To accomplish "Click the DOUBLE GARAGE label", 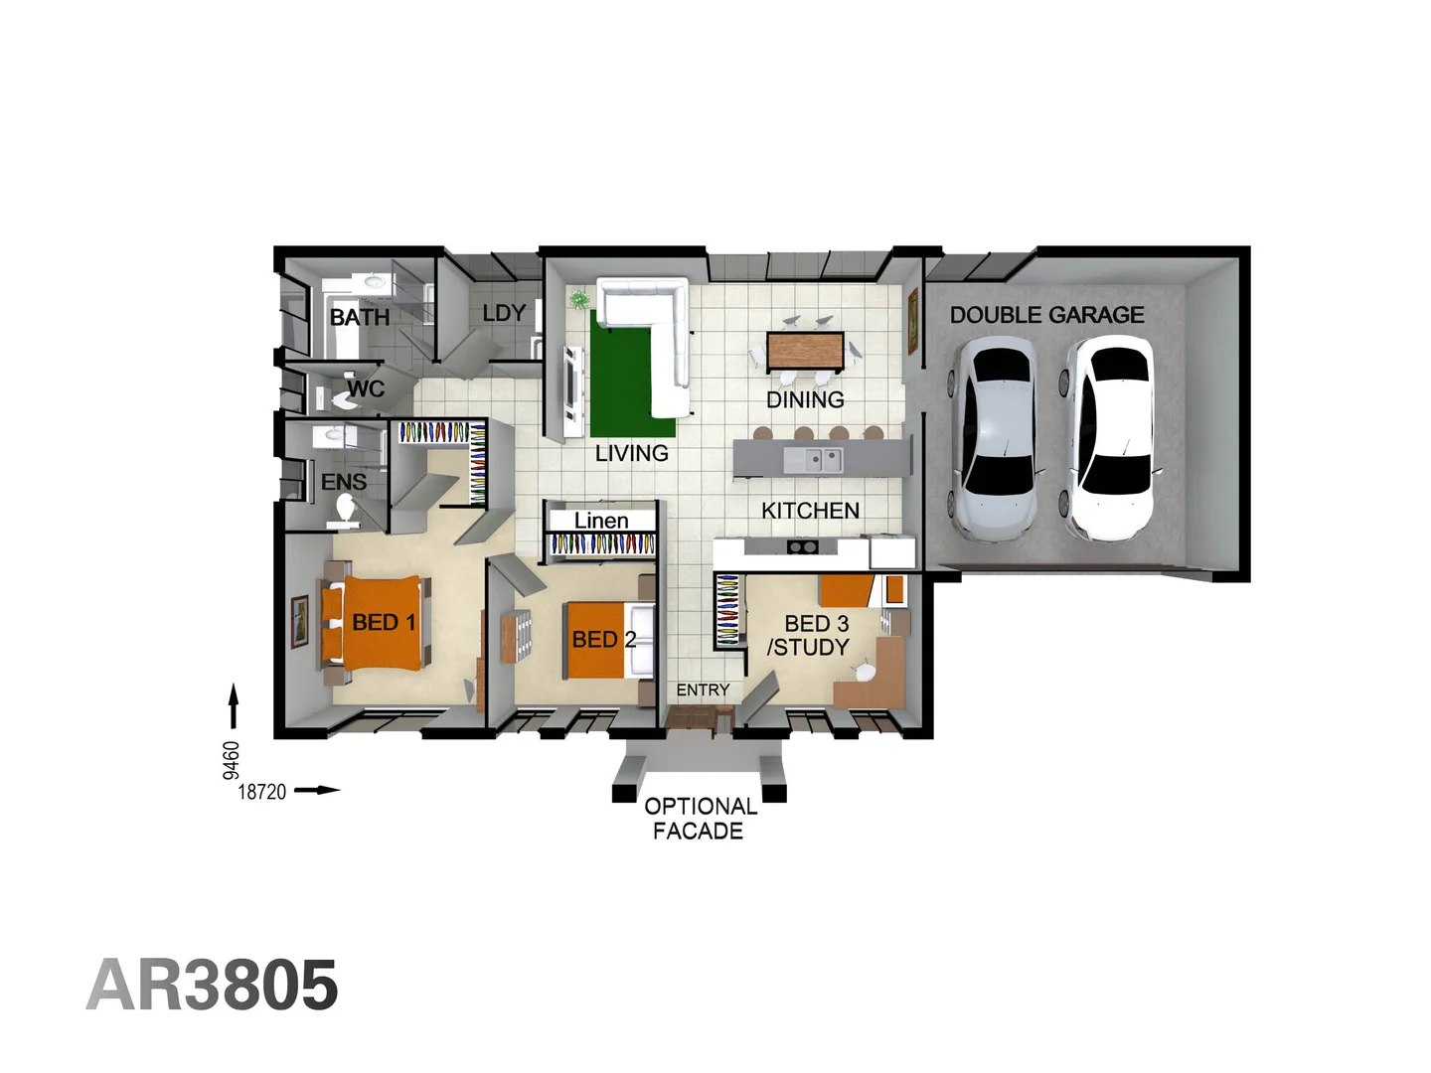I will (1046, 315).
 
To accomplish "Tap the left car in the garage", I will (996, 438).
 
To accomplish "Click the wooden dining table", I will (805, 350).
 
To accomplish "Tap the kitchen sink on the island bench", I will (812, 460).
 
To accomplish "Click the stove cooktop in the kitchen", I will (802, 546).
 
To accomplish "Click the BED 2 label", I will (603, 640).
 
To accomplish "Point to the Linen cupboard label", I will (601, 521).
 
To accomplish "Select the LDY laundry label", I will (504, 313).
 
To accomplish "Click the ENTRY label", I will (703, 690).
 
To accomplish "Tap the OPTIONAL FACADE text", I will (700, 819).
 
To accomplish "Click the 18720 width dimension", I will (262, 792).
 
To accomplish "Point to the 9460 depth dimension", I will (231, 760).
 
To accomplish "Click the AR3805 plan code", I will (213, 986).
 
